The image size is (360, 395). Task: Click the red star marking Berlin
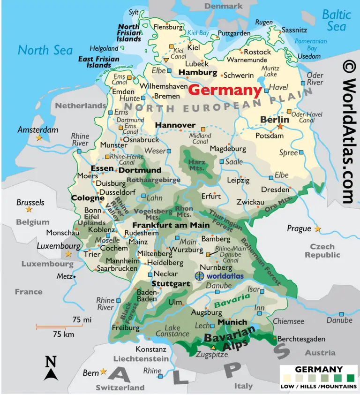coord(280,126)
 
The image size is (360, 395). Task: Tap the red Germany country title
coord(225,90)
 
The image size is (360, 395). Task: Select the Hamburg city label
coord(198,73)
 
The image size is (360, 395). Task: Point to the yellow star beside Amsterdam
coord(39,138)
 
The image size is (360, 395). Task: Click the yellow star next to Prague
coord(318,228)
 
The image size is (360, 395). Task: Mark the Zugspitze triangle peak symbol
coord(213,348)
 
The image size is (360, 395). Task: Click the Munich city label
coord(232,322)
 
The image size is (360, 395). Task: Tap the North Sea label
coord(45,50)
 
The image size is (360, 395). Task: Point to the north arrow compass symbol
coord(51,368)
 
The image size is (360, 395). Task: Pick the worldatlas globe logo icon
coord(200,276)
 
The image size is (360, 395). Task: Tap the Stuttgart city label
coord(171,284)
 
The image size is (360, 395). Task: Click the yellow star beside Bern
coord(104,372)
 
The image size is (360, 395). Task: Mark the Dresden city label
coord(275,190)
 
